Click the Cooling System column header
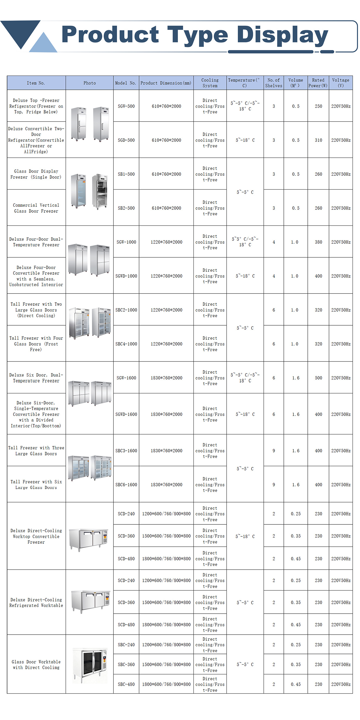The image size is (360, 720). pos(210,83)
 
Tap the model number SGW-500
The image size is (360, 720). pos(126,106)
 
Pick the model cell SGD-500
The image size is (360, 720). pos(126,140)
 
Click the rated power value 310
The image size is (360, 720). pos(318,140)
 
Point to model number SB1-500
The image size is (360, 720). pos(126,174)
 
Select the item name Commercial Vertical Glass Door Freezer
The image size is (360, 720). pos(36,208)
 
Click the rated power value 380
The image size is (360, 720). pos(318,242)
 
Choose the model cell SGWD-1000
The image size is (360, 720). pos(126,276)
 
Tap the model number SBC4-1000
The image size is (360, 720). pos(126,344)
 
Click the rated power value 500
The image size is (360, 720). pos(318,378)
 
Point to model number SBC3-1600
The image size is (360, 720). pos(126,450)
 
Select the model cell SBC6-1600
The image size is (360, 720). pos(126,485)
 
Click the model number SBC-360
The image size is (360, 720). pos(126,665)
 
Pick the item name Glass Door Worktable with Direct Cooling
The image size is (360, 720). pos(36,665)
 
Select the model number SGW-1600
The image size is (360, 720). pos(126,378)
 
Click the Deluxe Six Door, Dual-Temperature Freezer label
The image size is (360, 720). pos(36,378)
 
